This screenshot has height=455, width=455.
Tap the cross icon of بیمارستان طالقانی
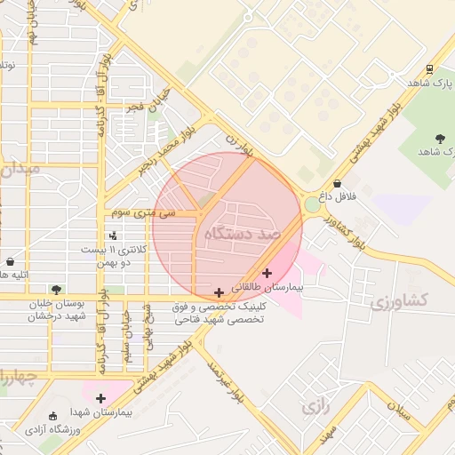coord(267,272)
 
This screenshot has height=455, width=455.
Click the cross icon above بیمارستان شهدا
coord(100,398)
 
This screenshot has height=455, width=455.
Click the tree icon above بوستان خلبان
coord(56,290)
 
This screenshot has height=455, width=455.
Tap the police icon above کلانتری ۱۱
coord(112,236)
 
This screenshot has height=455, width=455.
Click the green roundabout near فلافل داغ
coord(313,205)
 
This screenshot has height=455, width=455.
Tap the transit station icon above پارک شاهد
coord(430,69)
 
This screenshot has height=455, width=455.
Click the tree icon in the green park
coord(439,138)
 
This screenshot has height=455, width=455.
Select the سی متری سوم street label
coord(139,213)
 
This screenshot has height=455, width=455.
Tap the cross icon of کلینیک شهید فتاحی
coord(219,292)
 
